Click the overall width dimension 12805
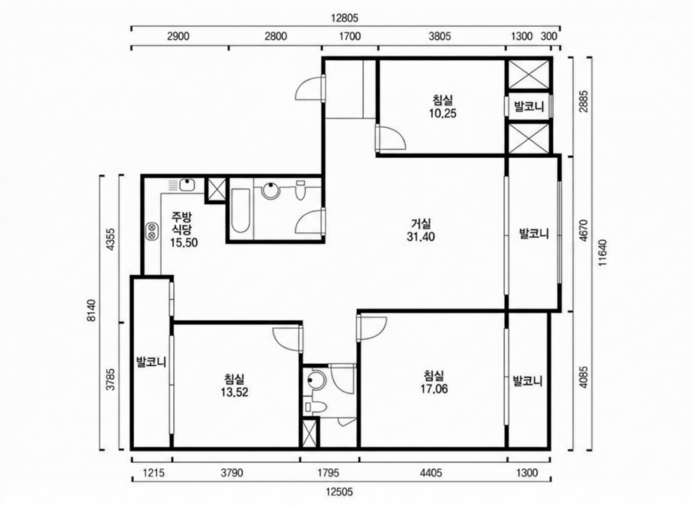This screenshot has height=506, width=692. pos(344,18)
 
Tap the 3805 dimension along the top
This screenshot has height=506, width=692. pos(440,37)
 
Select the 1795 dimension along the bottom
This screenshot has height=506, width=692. pos(328,472)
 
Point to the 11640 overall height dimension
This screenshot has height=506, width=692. pos(602,253)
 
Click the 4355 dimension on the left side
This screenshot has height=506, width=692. pos(110,239)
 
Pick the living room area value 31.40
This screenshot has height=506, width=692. pos(420,237)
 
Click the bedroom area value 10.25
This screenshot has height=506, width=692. pos(442,114)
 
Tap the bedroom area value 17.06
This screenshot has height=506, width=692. pos(434,389)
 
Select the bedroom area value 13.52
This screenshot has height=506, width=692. pos(234,392)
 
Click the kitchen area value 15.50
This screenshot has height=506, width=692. pos(184,243)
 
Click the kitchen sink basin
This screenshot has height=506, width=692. pos(187,185)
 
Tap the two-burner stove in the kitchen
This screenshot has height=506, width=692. pos(152,231)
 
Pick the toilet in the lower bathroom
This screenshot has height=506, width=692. pos(315,407)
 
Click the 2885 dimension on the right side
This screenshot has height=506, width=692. pos(584,102)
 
